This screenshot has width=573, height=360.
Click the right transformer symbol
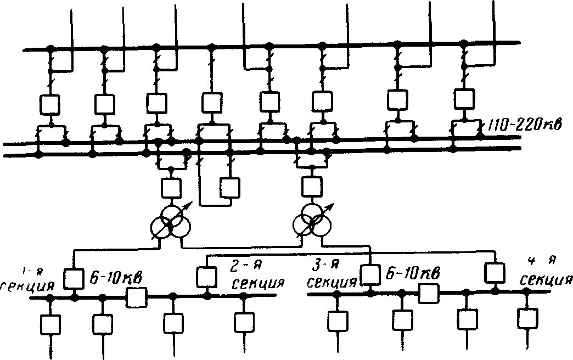pyautogui.click(x=312, y=223)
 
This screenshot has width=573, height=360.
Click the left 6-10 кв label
pyautogui.click(x=115, y=278)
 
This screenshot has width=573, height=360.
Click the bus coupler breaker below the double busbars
pyautogui.click(x=229, y=187)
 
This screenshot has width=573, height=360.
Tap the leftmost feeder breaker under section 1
pyautogui.click(x=50, y=324)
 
